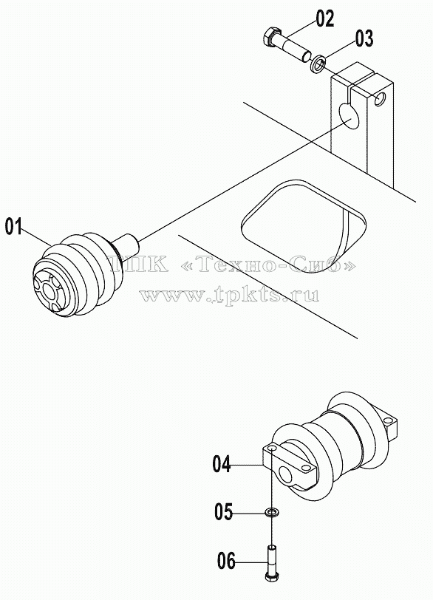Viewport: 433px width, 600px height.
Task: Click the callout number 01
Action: click(14, 227)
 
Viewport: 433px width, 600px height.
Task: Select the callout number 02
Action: click(325, 18)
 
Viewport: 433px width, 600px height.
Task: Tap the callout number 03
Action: click(364, 38)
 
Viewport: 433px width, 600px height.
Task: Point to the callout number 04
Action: click(222, 465)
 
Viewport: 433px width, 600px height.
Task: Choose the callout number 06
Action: click(226, 562)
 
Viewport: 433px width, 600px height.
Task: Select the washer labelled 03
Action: click(318, 62)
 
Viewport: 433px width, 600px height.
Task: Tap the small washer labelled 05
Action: click(272, 511)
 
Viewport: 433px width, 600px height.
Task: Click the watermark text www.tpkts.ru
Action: click(229, 295)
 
